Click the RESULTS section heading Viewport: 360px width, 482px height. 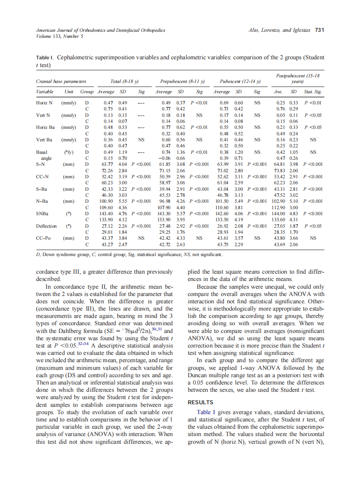coord(201,403)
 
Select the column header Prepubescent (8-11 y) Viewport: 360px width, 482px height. coord(182,81)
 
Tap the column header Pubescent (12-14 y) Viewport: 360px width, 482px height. coord(240,81)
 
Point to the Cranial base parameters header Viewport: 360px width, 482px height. coord(61,81)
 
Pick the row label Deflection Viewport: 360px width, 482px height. coord(46,225)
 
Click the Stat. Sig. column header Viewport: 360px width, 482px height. coord(312,92)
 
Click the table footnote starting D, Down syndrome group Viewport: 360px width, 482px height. coord(129,255)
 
